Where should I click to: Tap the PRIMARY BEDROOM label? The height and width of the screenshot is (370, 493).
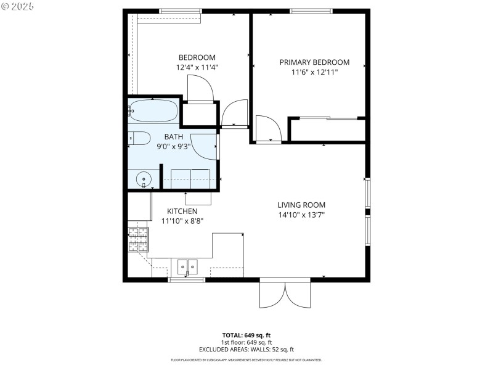pyautogui.click(x=314, y=62)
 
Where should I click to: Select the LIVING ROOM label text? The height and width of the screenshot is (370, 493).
pyautogui.click(x=301, y=205)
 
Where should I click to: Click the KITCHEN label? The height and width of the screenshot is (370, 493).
pyautogui.click(x=179, y=211)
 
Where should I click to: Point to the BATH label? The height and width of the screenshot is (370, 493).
pyautogui.click(x=173, y=137)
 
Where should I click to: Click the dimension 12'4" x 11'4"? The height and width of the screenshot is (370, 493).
pyautogui.click(x=197, y=67)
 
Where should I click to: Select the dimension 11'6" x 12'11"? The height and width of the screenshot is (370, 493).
pyautogui.click(x=314, y=72)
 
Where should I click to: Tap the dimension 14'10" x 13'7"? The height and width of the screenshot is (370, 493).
pyautogui.click(x=301, y=215)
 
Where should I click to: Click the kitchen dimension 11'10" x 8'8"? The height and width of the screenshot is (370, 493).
pyautogui.click(x=182, y=221)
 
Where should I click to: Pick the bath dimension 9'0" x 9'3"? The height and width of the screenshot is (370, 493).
pyautogui.click(x=173, y=147)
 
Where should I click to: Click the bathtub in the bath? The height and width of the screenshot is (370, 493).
pyautogui.click(x=154, y=111)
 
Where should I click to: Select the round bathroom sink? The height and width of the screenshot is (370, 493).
pyautogui.click(x=144, y=179)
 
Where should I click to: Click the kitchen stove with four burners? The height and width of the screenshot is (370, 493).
pyautogui.click(x=139, y=239)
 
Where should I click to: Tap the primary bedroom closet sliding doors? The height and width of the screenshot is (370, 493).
pyautogui.click(x=328, y=118)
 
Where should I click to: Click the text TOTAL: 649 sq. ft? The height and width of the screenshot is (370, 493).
pyautogui.click(x=246, y=335)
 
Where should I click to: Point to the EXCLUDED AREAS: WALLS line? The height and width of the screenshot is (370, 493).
pyautogui.click(x=246, y=349)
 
